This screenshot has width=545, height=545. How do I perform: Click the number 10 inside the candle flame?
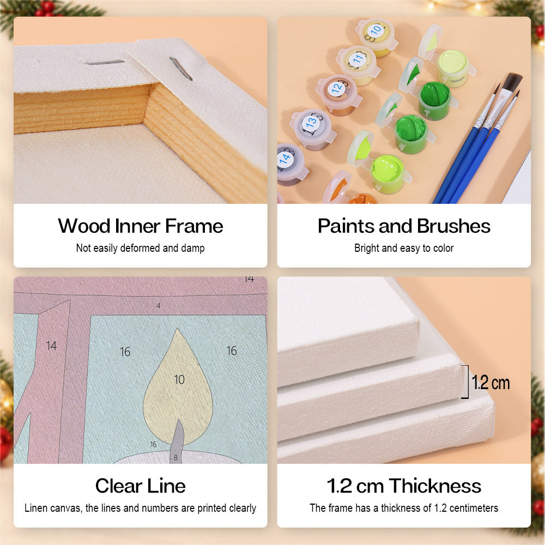point(179,379)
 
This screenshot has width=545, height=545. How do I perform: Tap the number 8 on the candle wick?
point(175,458)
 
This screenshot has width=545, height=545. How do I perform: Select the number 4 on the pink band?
point(158,306)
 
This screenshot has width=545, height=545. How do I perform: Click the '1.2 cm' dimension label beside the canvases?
point(491,383)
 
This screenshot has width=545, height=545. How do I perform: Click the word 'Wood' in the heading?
point(84,226)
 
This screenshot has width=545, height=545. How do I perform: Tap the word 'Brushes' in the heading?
point(453,226)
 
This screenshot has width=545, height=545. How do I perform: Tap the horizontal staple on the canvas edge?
point(105,63)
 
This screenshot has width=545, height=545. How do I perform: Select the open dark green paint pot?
point(434,100)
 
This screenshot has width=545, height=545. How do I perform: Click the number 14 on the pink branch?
point(51,346)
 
